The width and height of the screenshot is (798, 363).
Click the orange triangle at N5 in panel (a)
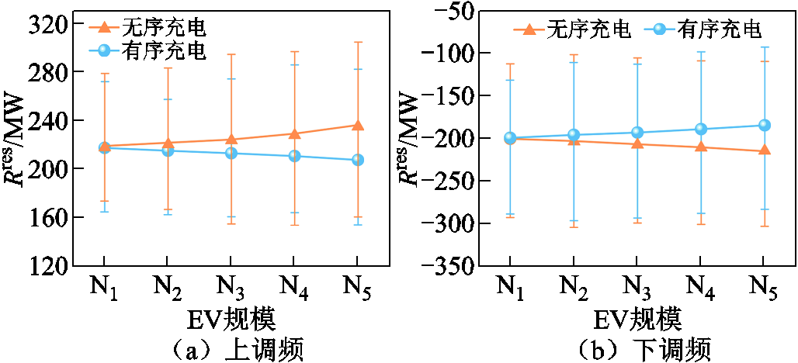[357, 125]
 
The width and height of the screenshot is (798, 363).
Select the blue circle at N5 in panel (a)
[357, 160]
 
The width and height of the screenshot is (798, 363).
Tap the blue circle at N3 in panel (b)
[637, 133]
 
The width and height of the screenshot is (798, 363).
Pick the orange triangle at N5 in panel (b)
[764, 150]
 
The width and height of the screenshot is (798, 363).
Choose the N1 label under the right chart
[510, 286]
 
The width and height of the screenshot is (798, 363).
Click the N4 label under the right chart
[701, 286]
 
